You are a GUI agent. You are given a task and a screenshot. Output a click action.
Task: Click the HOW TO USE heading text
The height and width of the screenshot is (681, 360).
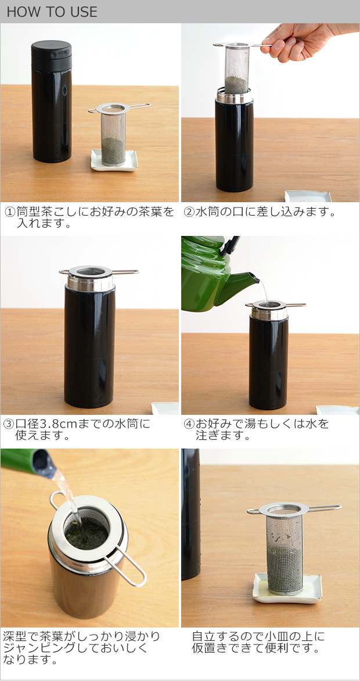pos(52,12)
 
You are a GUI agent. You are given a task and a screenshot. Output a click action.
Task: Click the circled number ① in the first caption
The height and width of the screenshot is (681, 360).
pos(10,212)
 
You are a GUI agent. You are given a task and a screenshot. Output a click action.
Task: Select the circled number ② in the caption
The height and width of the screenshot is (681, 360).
pos(189,212)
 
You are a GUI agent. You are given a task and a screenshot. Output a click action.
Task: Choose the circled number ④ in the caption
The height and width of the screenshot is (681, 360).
pos(189,424)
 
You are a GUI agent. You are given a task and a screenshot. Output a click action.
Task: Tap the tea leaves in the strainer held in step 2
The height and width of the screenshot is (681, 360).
pos(236,84)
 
